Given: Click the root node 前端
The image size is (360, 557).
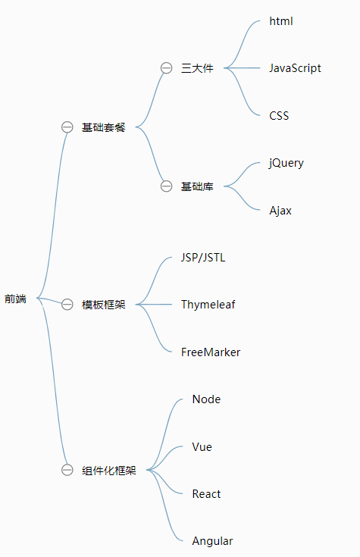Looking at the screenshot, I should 15,299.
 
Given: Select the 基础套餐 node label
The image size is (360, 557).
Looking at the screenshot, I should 104,127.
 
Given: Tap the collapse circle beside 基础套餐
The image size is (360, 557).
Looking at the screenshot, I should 67,127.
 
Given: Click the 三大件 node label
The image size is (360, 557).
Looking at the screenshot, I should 197,68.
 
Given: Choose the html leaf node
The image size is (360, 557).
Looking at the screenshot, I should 281,21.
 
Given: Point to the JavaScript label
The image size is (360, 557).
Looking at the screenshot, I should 295,68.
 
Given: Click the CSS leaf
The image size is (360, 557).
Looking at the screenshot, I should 279,116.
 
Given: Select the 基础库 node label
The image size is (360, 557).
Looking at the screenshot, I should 197,186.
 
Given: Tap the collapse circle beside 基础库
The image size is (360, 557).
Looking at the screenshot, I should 167,186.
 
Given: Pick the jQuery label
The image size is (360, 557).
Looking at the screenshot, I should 286,163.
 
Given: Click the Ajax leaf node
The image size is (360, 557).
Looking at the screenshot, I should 280,211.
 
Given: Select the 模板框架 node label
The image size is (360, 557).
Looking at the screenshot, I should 104,305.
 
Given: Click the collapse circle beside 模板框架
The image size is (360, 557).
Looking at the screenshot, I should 67,305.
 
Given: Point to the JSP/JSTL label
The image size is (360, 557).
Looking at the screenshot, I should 203,258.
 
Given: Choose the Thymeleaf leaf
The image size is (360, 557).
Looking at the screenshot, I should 208,305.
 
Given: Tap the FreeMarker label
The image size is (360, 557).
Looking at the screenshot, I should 211,352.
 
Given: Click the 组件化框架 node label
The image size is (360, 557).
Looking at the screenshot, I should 109,471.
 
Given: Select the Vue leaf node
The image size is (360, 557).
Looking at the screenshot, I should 202,447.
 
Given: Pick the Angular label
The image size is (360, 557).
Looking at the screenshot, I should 213,541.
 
